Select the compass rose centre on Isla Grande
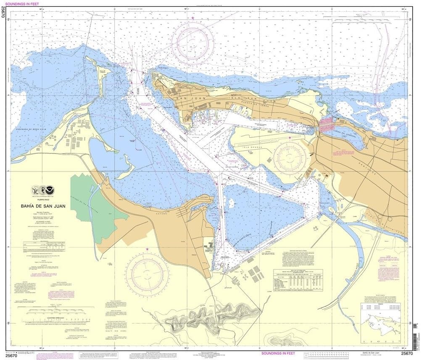coord(290,158)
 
